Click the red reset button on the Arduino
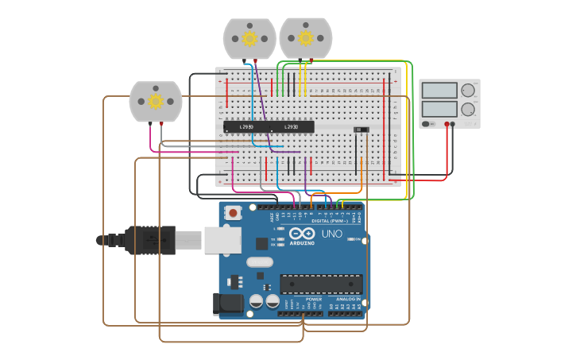tap(233, 213)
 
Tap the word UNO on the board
tap(331, 234)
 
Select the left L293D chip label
tap(245, 127)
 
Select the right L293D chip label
tap(291, 127)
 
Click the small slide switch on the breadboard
tap(361, 130)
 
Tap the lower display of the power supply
tap(439, 109)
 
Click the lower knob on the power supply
tap(468, 110)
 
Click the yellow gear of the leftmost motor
tap(156, 101)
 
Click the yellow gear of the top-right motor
tap(306, 37)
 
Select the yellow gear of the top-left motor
tap(249, 38)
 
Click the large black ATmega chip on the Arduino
tap(321, 284)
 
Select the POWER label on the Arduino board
tap(303, 299)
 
